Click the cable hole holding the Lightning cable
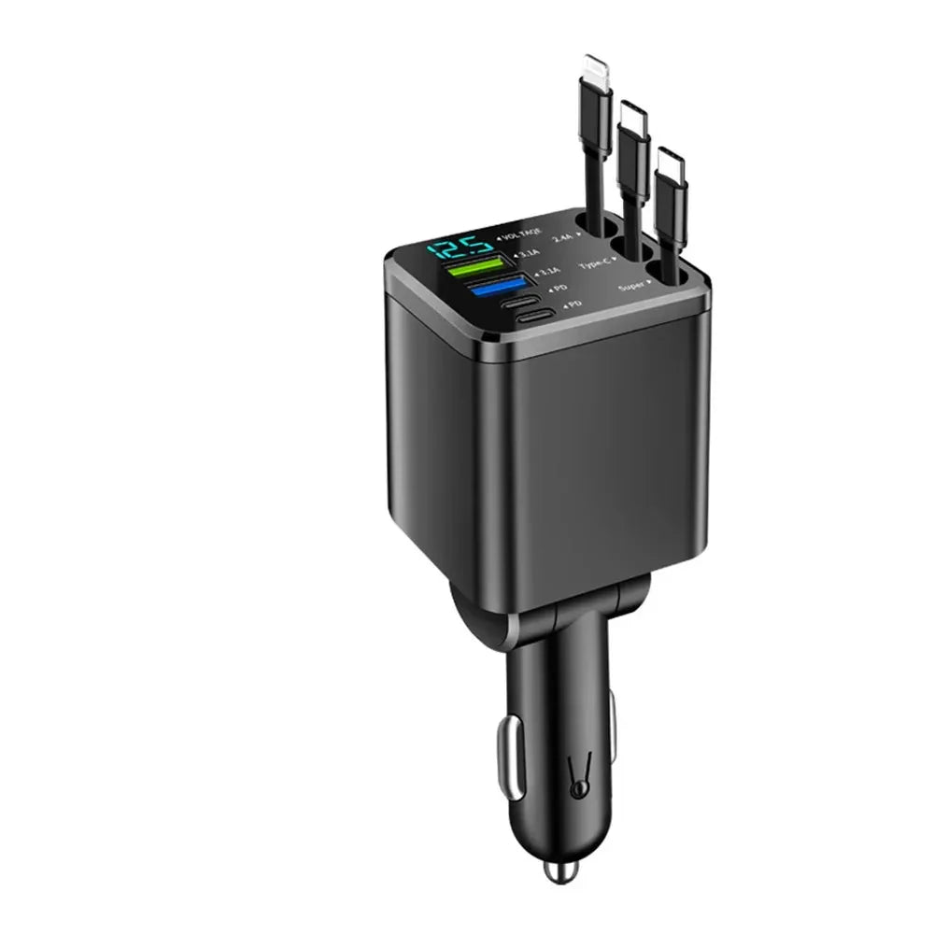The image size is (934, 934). click(x=590, y=223)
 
